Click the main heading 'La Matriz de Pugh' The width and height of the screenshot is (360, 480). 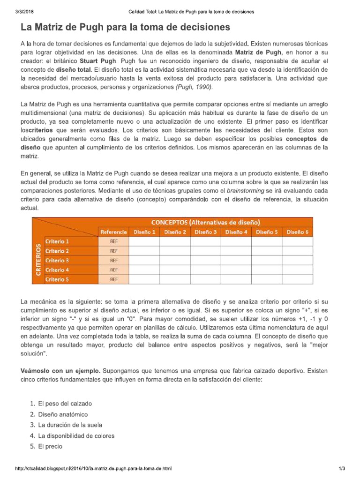point(125,26)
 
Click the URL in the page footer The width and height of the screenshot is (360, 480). point(93,468)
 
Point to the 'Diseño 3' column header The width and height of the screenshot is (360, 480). point(205,232)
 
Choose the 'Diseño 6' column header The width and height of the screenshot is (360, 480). point(297,232)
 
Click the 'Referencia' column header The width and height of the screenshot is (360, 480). point(113,232)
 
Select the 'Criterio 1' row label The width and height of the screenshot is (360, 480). point(58,241)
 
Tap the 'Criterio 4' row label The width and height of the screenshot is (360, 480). point(58,270)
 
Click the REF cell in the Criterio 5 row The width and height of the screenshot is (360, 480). point(113,279)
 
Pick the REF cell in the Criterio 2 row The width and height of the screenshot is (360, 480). point(113,251)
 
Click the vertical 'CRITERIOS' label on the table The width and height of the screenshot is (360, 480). point(38,260)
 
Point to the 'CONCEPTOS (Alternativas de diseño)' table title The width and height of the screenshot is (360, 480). point(205,222)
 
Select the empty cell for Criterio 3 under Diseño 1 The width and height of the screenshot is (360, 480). point(144,260)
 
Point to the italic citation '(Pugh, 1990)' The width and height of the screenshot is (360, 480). point(194,87)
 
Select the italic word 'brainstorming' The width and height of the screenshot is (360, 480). point(245,191)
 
